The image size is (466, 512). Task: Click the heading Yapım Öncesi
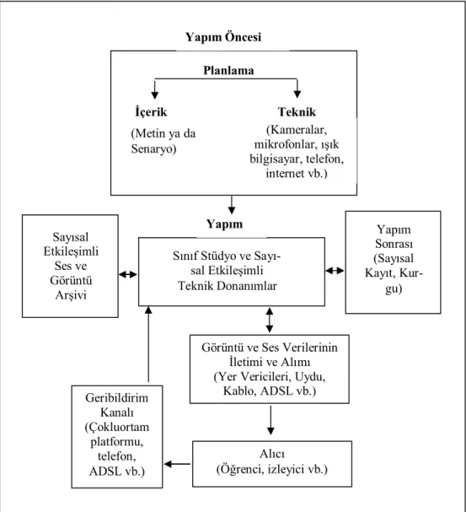click(223, 37)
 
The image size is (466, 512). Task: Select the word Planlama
click(228, 71)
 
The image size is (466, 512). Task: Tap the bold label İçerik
click(151, 111)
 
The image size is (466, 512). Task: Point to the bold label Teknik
click(297, 112)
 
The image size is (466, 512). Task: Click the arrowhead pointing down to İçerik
click(155, 95)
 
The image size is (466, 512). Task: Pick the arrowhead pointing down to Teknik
click(297, 94)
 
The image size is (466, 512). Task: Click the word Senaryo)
click(153, 149)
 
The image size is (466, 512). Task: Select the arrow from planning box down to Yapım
click(232, 205)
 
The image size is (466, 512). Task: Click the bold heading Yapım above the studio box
click(224, 224)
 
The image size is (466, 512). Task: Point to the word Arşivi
click(71, 295)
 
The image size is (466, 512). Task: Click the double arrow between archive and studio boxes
click(128, 275)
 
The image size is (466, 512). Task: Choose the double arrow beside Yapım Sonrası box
click(335, 271)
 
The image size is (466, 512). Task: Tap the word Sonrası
click(394, 244)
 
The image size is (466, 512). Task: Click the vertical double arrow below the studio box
click(270, 320)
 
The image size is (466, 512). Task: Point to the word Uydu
click(310, 376)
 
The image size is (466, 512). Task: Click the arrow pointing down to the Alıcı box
click(270, 420)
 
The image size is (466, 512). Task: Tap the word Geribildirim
click(117, 398)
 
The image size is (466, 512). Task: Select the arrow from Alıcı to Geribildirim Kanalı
click(177, 464)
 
